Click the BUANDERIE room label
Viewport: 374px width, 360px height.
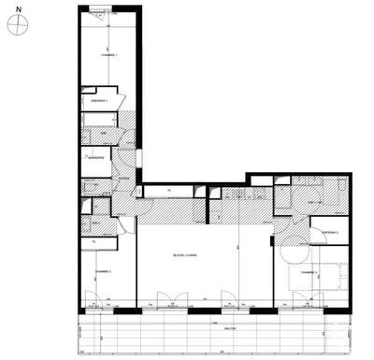92,158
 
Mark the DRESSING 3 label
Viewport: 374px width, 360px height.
329,232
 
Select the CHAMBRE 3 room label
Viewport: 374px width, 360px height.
323,273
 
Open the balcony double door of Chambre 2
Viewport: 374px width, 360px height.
97,304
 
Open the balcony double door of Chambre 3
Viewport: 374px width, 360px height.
305,304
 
